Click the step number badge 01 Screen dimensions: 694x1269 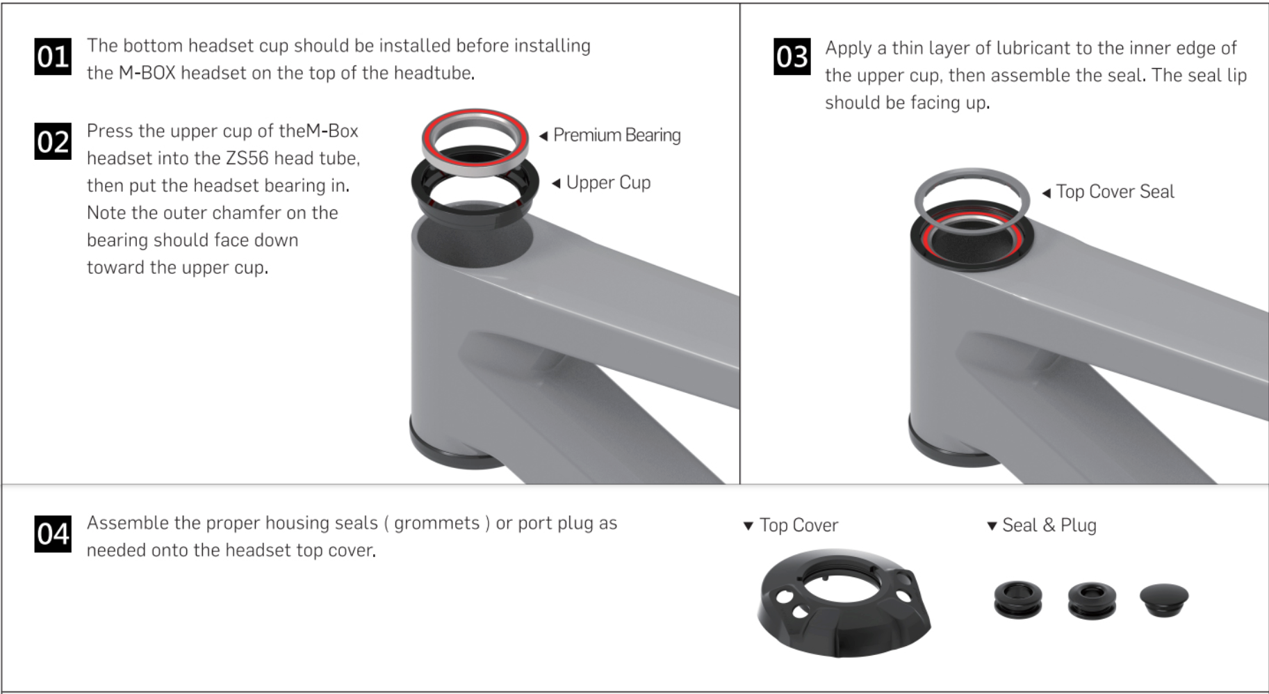(53, 56)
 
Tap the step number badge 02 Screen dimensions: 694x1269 (53, 142)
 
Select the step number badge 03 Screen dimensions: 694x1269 (792, 56)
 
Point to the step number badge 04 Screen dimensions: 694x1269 (53, 534)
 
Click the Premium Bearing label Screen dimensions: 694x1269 (616, 135)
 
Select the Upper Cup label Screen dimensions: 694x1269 (608, 183)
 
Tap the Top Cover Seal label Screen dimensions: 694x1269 (1115, 192)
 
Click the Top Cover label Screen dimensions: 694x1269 (799, 526)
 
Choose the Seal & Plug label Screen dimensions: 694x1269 (1049, 526)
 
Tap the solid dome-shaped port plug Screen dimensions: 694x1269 (1164, 599)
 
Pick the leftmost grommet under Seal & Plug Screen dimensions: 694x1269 (1017, 599)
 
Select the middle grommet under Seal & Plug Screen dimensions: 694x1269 (1091, 601)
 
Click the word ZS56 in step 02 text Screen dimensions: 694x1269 (247, 159)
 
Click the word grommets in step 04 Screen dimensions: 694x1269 (436, 523)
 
